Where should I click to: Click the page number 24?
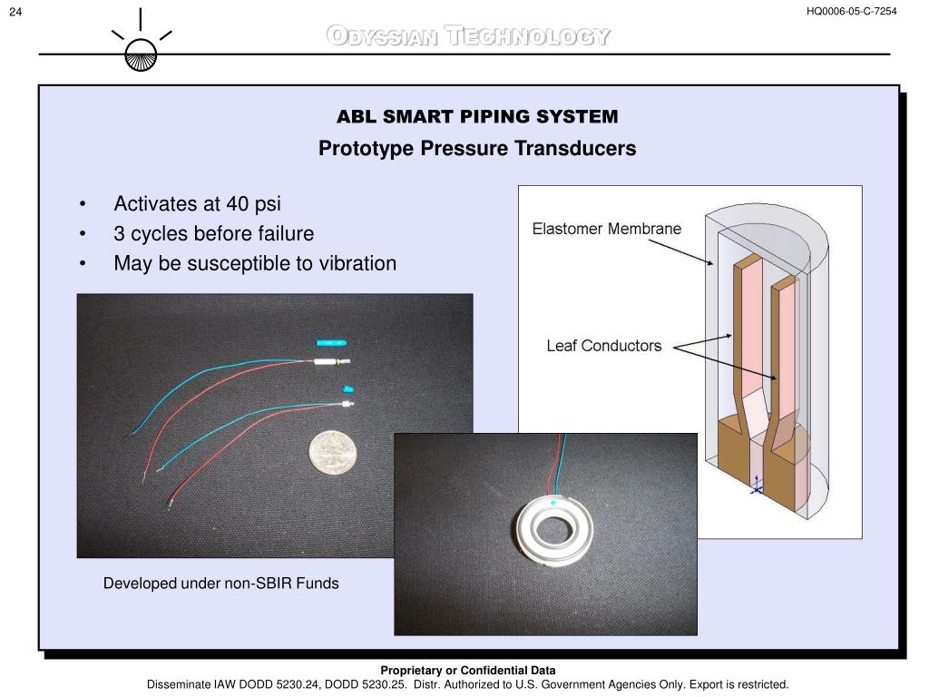click(15, 11)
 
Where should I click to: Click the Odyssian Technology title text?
click(468, 37)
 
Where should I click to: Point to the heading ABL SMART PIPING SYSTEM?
click(477, 117)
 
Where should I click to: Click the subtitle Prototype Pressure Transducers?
click(477, 148)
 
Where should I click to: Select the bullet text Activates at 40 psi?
click(197, 203)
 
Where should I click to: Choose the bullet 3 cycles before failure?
click(213, 233)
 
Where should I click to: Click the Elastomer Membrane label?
click(606, 229)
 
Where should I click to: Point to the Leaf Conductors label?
click(603, 346)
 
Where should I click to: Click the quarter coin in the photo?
click(333, 451)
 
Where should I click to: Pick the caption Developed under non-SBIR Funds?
click(220, 584)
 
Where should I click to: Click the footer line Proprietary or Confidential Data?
click(468, 671)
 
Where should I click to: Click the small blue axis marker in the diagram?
click(757, 489)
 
